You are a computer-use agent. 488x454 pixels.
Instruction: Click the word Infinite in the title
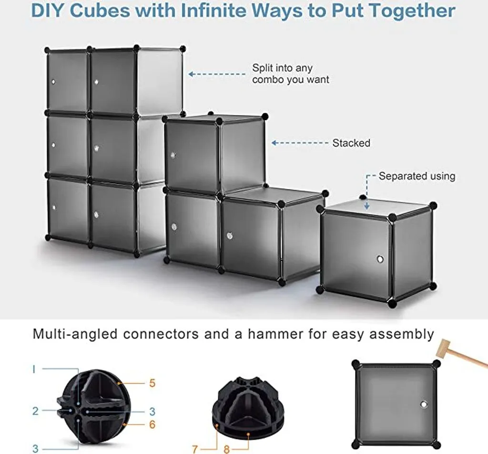click(214, 10)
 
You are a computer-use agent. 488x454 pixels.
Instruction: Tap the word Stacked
click(351, 143)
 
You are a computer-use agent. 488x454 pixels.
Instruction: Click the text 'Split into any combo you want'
click(290, 73)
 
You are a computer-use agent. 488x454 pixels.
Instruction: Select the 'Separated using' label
click(417, 176)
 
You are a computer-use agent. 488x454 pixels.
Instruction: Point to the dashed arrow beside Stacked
click(300, 143)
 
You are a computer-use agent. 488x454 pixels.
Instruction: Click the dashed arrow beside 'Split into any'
click(217, 74)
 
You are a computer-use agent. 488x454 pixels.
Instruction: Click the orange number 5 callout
click(152, 383)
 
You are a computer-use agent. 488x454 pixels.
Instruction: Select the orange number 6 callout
click(152, 424)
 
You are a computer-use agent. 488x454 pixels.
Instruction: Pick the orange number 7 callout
click(195, 449)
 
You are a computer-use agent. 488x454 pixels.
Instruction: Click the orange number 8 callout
click(226, 449)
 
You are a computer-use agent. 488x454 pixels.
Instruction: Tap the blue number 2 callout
click(35, 411)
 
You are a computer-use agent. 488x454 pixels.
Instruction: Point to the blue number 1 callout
click(34, 369)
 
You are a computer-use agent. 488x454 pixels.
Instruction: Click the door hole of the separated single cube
click(380, 259)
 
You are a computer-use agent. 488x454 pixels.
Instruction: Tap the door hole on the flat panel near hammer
click(424, 404)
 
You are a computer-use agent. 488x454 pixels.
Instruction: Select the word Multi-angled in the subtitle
click(75, 334)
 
